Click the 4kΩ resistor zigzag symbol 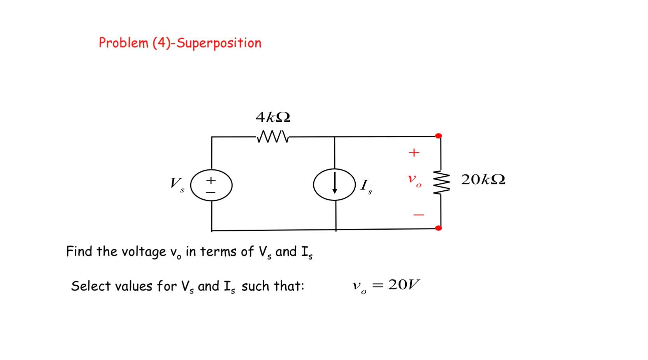(272, 137)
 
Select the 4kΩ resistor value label (273, 117)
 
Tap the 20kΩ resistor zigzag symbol (441, 181)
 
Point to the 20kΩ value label (483, 180)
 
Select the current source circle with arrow (334, 184)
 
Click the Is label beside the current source (366, 186)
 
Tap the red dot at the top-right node (439, 136)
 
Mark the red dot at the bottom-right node (439, 228)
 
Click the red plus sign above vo (414, 153)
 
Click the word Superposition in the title (219, 43)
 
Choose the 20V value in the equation (404, 285)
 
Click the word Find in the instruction (80, 251)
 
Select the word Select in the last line (90, 286)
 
